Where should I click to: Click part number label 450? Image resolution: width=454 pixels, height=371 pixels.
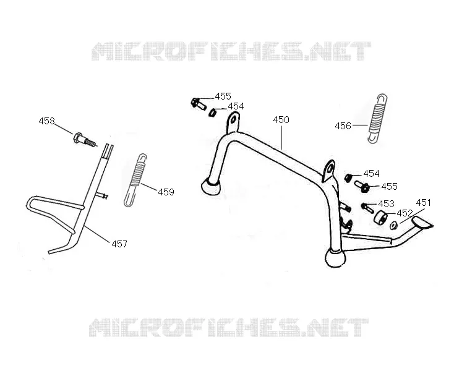(281, 120)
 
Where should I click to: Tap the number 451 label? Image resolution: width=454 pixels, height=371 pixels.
(423, 203)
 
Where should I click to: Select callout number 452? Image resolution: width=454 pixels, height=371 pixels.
(405, 213)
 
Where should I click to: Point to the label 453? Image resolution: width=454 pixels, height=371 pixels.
(386, 204)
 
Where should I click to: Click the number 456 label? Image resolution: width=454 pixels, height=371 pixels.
(343, 126)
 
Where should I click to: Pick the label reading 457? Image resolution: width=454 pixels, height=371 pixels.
(119, 244)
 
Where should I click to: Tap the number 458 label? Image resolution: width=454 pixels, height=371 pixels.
(46, 121)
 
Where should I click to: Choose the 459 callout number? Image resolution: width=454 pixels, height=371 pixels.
(166, 192)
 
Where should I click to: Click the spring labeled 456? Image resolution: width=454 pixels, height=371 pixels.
(377, 119)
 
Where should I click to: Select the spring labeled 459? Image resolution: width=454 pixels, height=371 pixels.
(135, 180)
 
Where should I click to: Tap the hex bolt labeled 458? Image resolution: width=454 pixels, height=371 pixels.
(84, 140)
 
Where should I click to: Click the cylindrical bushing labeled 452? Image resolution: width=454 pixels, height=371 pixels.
(382, 217)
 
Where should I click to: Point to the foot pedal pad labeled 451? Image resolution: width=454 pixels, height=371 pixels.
(422, 223)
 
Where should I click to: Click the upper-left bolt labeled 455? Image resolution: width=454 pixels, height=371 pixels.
(199, 104)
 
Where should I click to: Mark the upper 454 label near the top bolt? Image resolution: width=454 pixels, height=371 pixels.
(236, 106)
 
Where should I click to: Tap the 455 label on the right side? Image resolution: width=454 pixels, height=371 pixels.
(389, 187)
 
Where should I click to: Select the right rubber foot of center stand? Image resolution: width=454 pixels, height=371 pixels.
(335, 257)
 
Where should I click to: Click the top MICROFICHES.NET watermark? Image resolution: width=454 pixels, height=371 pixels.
(231, 51)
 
